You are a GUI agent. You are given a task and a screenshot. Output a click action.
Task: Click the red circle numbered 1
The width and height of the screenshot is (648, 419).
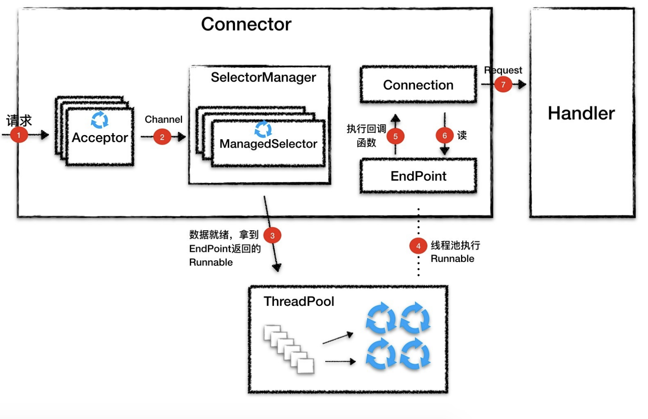point(19,135)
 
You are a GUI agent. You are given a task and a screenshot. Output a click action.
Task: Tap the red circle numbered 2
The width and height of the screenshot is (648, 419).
point(162,137)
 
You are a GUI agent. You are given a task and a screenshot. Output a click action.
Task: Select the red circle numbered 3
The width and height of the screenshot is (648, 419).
point(272,235)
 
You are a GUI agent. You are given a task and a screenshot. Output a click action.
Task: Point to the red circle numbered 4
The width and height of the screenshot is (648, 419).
point(418,246)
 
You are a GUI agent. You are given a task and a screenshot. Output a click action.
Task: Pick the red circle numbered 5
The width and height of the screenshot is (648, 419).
point(395,136)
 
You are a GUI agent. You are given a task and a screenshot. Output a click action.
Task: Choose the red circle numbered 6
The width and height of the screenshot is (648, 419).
point(444,135)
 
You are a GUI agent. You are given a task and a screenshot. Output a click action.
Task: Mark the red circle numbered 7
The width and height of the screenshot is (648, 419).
point(503,85)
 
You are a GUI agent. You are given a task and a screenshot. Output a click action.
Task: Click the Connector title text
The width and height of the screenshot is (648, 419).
point(246,24)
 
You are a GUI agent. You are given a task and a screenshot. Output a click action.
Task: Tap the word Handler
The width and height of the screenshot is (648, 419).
point(581,113)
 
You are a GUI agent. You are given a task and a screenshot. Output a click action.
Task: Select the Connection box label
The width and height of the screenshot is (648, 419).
point(418,85)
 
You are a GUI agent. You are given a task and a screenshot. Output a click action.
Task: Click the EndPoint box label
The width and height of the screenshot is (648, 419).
point(418,176)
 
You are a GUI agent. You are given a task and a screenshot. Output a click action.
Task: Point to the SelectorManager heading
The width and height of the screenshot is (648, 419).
point(263,77)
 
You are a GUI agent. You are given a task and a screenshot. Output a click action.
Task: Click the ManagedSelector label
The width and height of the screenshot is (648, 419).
point(268,144)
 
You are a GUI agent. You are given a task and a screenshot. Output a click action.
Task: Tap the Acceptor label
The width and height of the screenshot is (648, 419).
point(100,138)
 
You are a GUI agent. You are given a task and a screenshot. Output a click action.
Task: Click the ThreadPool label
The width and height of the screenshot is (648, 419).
point(299,301)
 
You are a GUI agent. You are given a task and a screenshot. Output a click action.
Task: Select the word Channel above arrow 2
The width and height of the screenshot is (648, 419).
point(163,120)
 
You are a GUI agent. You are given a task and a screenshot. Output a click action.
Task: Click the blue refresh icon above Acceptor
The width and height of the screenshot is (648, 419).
point(100,120)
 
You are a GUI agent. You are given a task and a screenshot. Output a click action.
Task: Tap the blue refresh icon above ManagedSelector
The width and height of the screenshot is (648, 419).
point(263,129)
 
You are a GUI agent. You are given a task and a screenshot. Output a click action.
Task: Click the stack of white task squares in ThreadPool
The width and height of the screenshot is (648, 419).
point(289,349)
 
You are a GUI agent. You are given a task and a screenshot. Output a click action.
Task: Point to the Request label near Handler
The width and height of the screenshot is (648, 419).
point(503,70)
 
